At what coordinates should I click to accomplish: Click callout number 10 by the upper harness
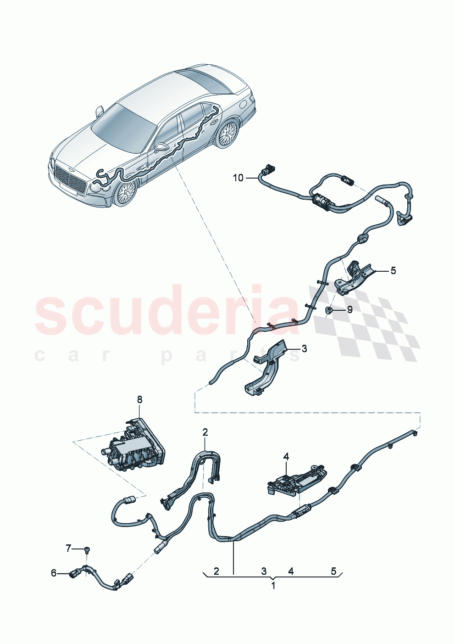(238, 178)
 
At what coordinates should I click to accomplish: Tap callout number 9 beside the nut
(350, 310)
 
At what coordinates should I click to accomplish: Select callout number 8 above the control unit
(139, 399)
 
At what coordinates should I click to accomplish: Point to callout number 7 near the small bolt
(68, 548)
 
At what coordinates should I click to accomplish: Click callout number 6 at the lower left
(54, 573)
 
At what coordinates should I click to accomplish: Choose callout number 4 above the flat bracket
(286, 456)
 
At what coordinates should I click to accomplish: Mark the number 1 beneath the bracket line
(273, 586)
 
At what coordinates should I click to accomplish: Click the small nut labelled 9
(329, 311)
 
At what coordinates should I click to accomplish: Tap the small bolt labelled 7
(87, 549)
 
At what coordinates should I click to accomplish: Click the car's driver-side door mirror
(100, 111)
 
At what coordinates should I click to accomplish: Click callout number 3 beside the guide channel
(304, 349)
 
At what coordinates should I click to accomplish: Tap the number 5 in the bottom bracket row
(333, 571)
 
